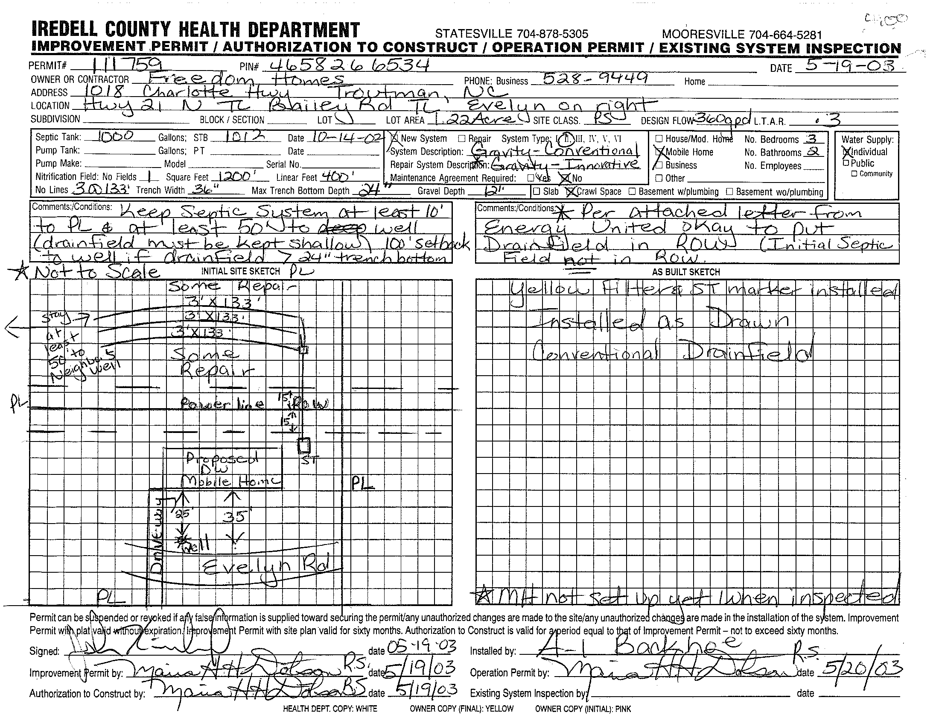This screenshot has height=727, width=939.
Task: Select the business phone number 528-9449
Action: click(x=595, y=78)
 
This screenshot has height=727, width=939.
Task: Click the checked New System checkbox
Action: click(x=394, y=138)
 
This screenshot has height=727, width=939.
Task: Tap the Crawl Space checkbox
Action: click(x=571, y=191)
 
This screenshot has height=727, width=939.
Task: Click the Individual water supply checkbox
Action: click(x=846, y=152)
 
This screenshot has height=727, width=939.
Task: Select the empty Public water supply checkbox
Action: click(x=846, y=163)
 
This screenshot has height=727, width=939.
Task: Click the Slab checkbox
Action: click(x=536, y=191)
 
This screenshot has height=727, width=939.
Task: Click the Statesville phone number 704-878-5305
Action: click(x=512, y=34)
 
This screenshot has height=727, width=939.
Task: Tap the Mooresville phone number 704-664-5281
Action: click(x=742, y=35)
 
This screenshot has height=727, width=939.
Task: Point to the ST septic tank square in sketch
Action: click(x=304, y=445)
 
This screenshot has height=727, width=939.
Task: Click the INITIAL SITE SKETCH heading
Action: click(x=241, y=271)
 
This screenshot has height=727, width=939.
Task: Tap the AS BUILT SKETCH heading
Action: click(x=686, y=272)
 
